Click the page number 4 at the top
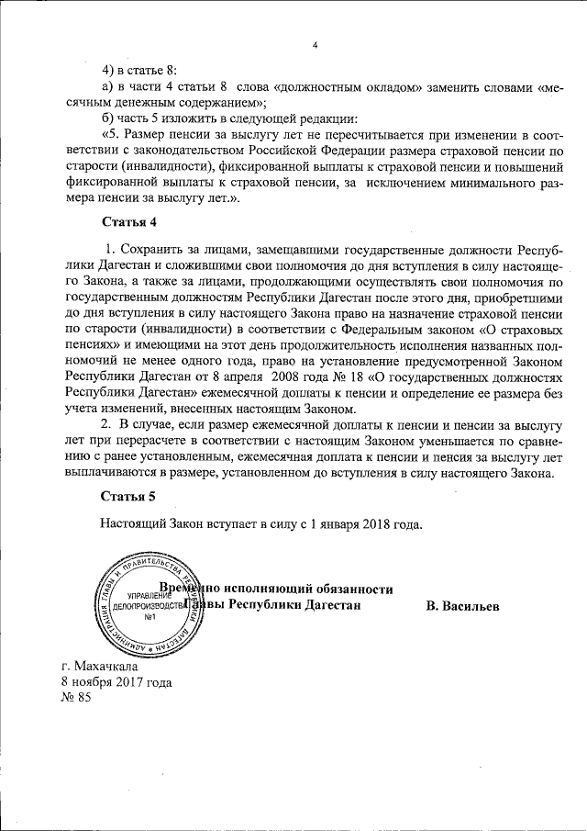pyautogui.click(x=315, y=46)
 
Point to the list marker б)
pyautogui.click(x=109, y=120)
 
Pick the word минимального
pyautogui.click(x=469, y=186)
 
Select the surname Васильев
pyautogui.click(x=463, y=606)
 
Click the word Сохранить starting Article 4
pyautogui.click(x=157, y=250)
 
